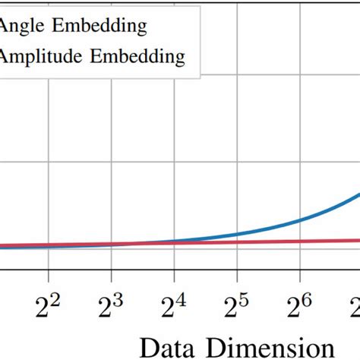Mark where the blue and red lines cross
coord(133,244)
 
